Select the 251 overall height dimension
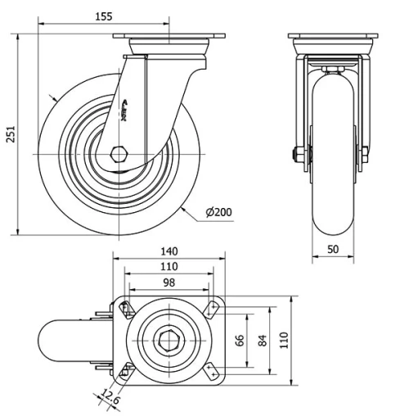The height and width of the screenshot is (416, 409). point(11,134)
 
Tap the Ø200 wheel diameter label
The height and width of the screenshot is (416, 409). point(220,213)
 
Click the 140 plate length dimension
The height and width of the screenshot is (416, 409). point(169,251)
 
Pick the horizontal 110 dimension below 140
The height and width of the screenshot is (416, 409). point(169,267)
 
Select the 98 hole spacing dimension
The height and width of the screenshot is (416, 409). point(169,283)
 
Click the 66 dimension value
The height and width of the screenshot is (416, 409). point(240,340)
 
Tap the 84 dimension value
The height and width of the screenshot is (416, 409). point(263,340)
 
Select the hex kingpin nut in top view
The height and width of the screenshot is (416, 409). point(169,339)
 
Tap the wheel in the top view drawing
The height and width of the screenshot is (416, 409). point(70,340)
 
